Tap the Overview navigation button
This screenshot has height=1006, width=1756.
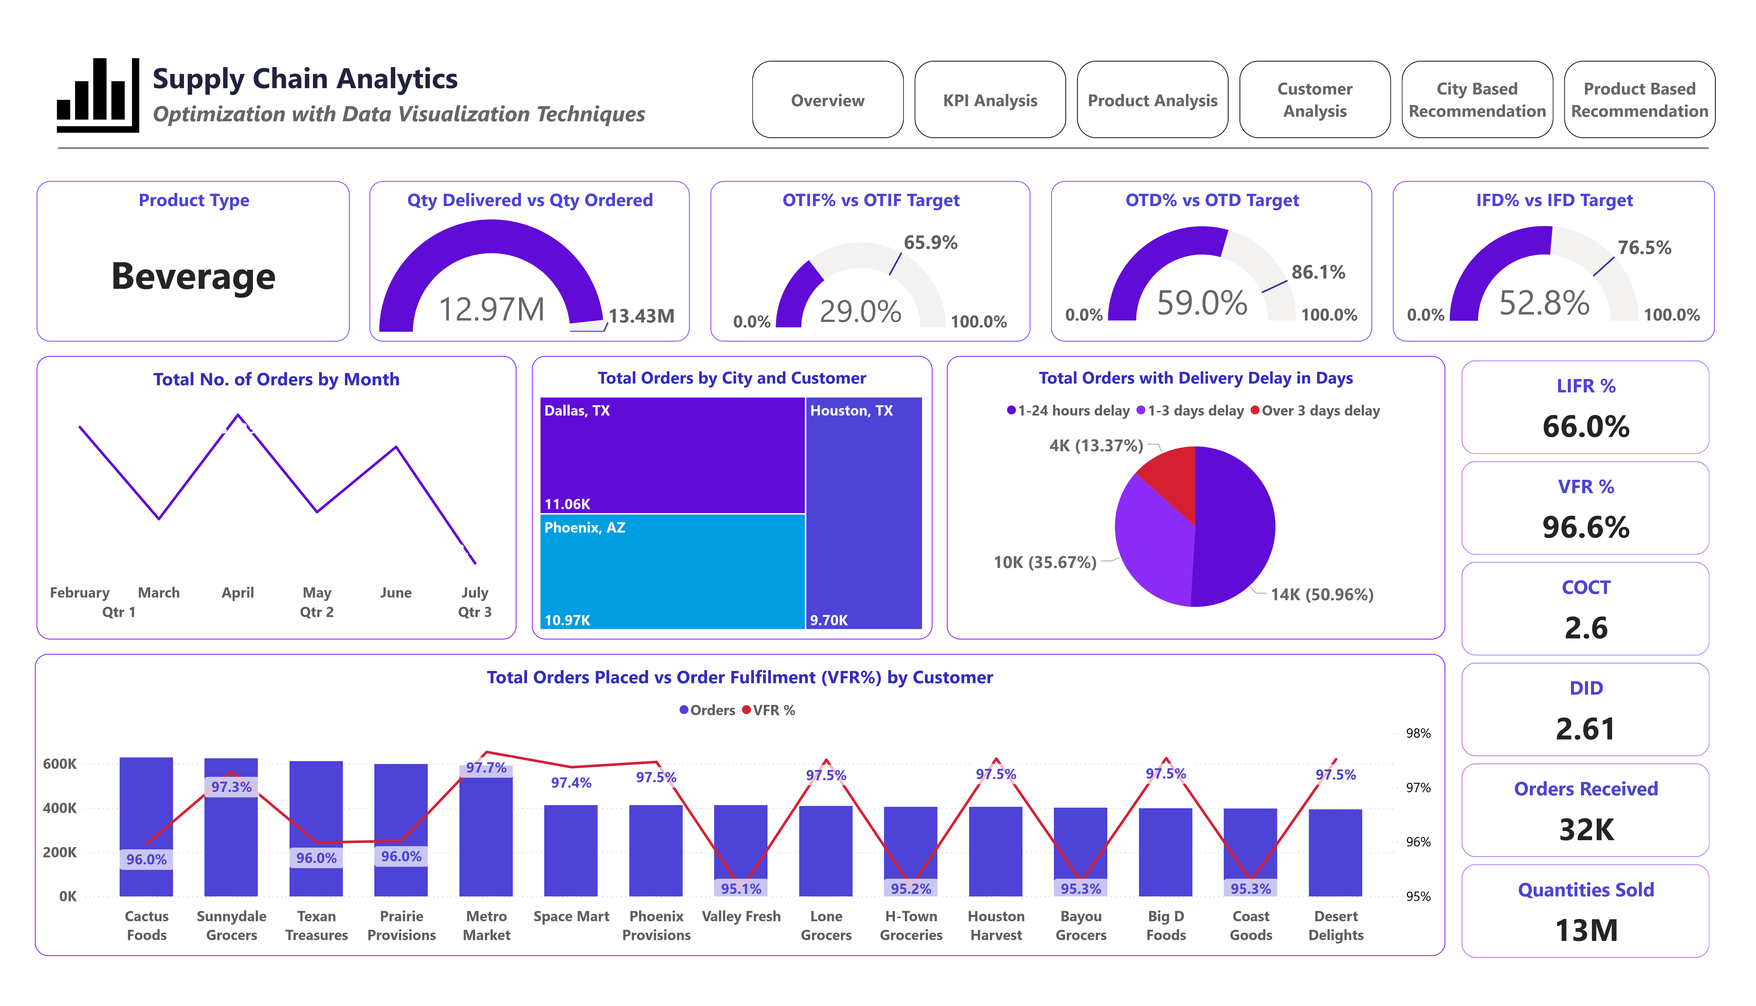[827, 100]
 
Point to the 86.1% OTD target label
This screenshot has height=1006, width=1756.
[1318, 272]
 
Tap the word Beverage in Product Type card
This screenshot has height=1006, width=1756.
[194, 276]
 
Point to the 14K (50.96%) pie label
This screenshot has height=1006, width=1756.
[1321, 595]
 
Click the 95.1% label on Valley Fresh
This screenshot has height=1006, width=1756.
[741, 888]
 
